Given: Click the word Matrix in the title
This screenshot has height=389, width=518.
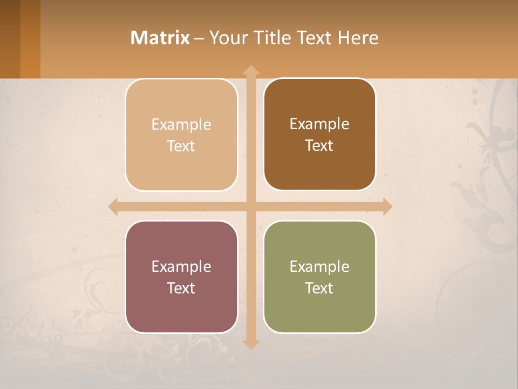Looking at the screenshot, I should pyautogui.click(x=160, y=38).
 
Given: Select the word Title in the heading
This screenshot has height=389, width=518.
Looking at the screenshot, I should pyautogui.click(x=274, y=38).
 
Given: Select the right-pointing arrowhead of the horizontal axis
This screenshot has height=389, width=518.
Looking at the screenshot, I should pyautogui.click(x=387, y=206).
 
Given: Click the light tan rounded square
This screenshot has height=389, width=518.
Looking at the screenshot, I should pyautogui.click(x=181, y=135).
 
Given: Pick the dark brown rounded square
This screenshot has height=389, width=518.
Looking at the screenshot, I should pyautogui.click(x=319, y=135).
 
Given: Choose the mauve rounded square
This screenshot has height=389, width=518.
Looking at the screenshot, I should pyautogui.click(x=181, y=277).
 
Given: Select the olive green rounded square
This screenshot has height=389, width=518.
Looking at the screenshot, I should pyautogui.click(x=319, y=277).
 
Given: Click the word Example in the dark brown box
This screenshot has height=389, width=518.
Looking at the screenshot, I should pyautogui.click(x=319, y=124).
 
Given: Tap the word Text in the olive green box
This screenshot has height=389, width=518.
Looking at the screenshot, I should pyautogui.click(x=319, y=288).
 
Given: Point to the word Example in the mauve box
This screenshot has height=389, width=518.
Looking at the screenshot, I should pyautogui.click(x=181, y=266).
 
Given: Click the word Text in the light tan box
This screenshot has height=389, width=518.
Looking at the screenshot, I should pyautogui.click(x=181, y=146).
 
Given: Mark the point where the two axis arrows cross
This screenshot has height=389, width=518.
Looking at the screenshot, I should pyautogui.click(x=251, y=206).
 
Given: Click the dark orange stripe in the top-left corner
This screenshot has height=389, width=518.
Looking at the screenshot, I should pyautogui.click(x=30, y=39).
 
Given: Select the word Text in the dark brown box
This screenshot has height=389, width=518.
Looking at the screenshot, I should pyautogui.click(x=319, y=146).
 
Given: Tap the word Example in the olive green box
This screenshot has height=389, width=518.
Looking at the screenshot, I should pyautogui.click(x=319, y=266).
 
